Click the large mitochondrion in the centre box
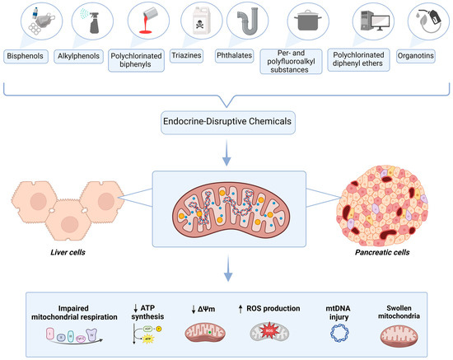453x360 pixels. coord(226,203)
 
